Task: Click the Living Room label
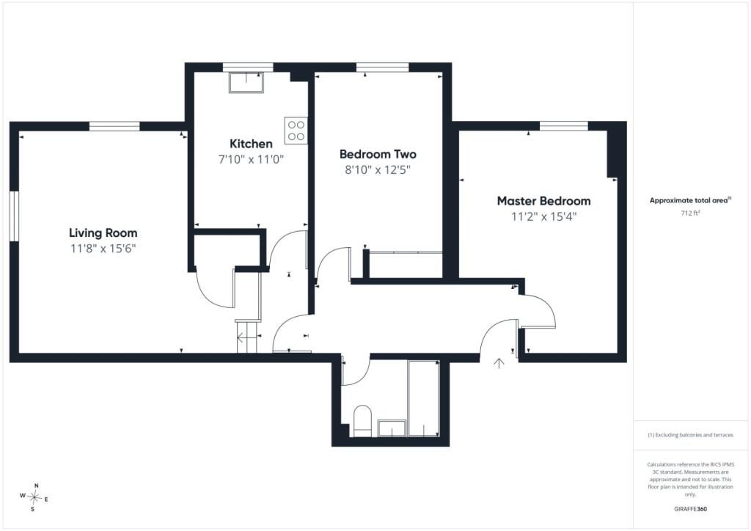pyautogui.click(x=103, y=233)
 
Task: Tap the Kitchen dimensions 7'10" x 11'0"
pyautogui.click(x=251, y=159)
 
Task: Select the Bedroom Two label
pyautogui.click(x=378, y=154)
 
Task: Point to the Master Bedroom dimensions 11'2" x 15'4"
pyautogui.click(x=543, y=217)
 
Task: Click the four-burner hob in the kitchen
pyautogui.click(x=296, y=131)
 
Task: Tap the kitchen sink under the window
pyautogui.click(x=246, y=82)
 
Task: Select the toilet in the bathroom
pyautogui.click(x=362, y=421)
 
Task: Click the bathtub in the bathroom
pyautogui.click(x=423, y=398)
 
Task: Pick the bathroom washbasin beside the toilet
pyautogui.click(x=392, y=428)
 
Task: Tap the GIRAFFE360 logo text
pyautogui.click(x=690, y=509)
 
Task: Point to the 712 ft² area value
pyautogui.click(x=690, y=213)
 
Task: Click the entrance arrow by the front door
pyautogui.click(x=499, y=364)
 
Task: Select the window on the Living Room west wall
pyautogui.click(x=15, y=216)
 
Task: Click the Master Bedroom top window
pyautogui.click(x=564, y=126)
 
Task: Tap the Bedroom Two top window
pyautogui.click(x=382, y=67)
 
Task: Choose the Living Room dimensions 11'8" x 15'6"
pyautogui.click(x=103, y=249)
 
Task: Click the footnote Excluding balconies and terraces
pyautogui.click(x=690, y=435)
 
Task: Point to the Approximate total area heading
pyautogui.click(x=690, y=200)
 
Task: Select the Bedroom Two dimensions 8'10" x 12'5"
pyautogui.click(x=378, y=170)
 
